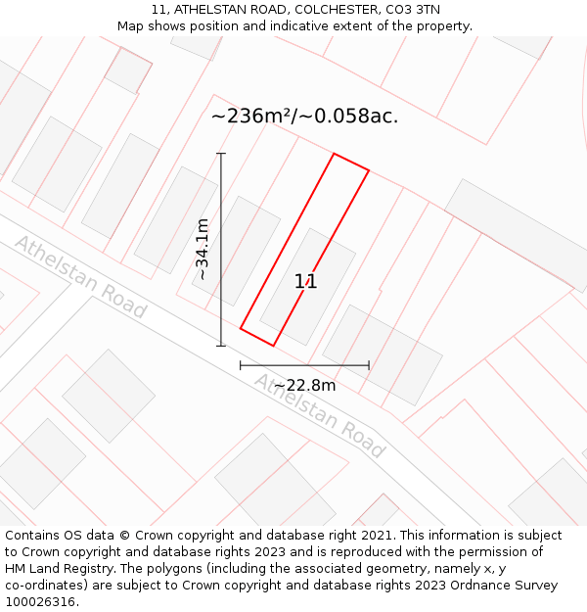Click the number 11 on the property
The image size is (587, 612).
pos(305,282)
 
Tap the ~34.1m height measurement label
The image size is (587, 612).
pos(202,250)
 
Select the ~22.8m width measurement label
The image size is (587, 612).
pos(304,385)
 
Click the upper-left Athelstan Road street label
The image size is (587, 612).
pos(80,276)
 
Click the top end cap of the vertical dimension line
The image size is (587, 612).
pos(221,154)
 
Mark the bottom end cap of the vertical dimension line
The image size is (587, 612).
pos(221,346)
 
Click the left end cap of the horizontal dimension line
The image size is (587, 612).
pos(241,365)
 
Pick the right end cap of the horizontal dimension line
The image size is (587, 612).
pos(369,365)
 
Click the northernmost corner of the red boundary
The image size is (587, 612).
pos(335,154)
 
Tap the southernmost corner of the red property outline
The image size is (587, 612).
pos(273,346)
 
